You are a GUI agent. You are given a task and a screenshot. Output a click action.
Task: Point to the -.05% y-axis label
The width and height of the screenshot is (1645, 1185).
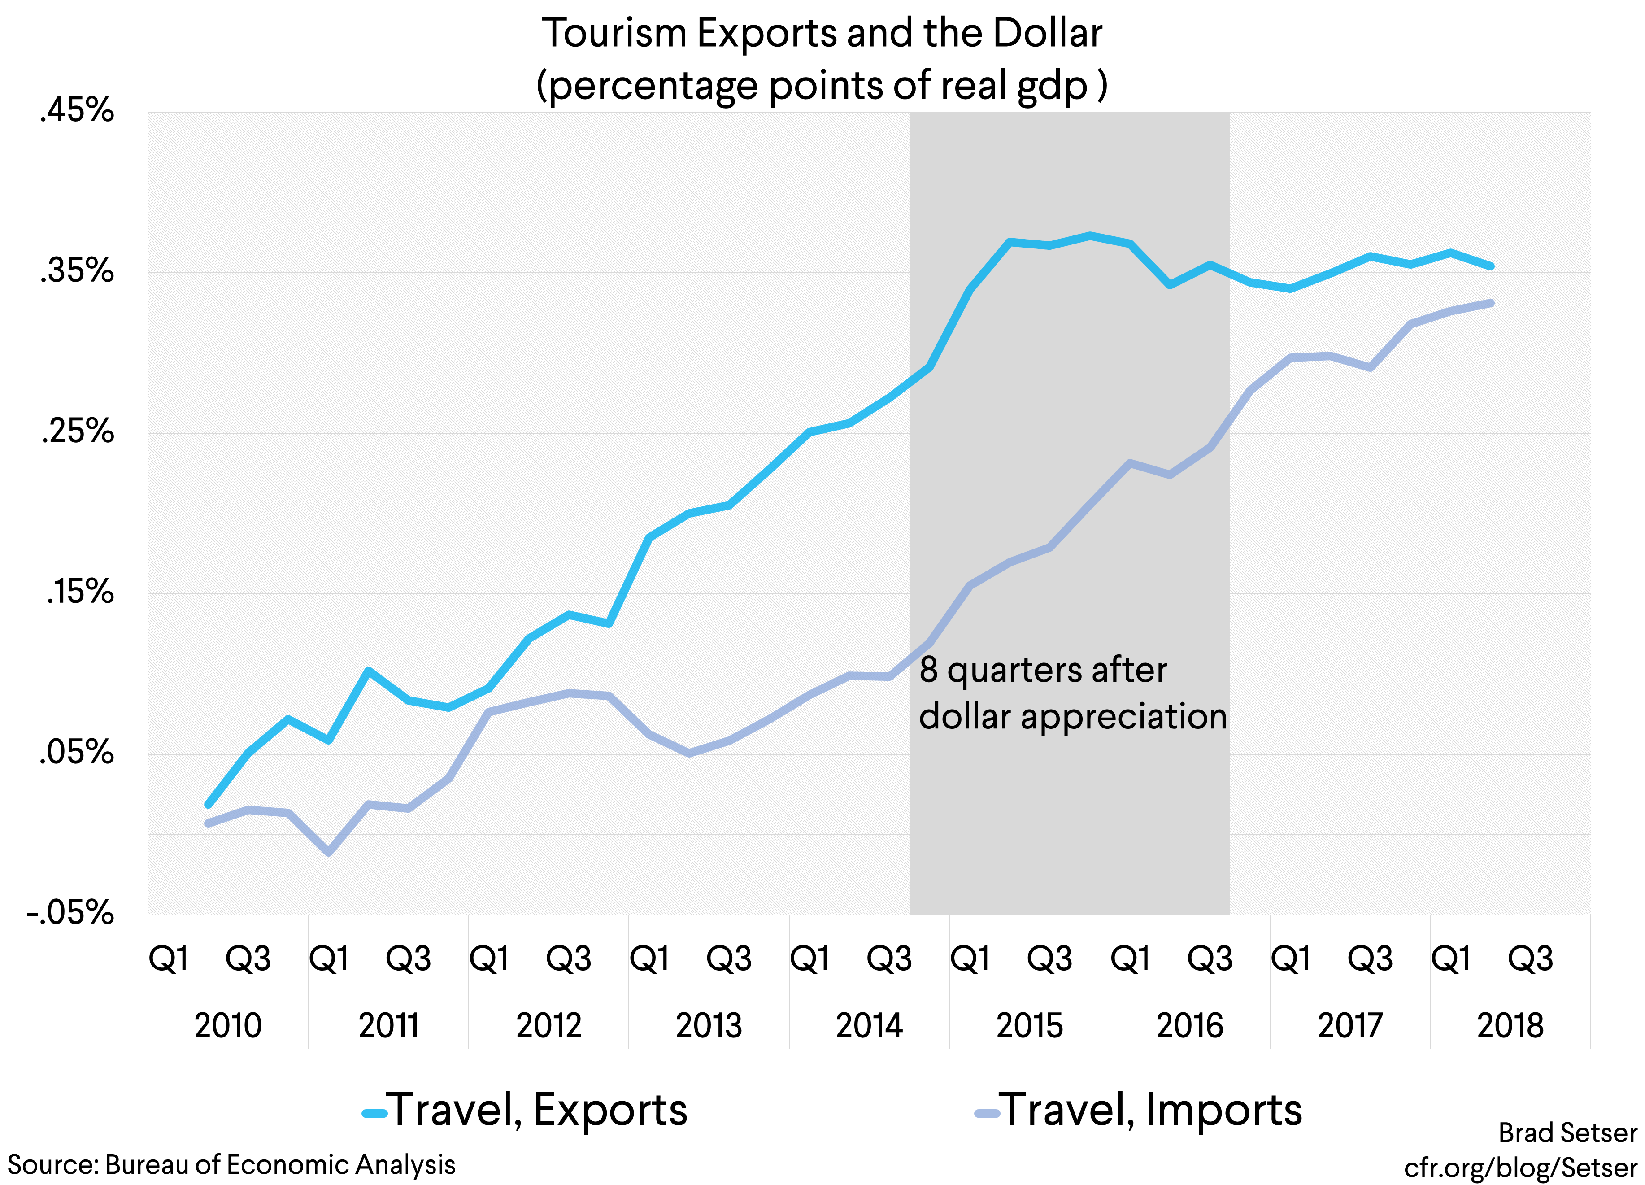click(x=70, y=913)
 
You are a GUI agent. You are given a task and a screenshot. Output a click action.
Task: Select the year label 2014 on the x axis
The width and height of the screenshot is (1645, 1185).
click(x=869, y=1025)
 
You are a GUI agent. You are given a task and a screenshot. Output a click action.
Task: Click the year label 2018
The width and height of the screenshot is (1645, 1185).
click(x=1510, y=1025)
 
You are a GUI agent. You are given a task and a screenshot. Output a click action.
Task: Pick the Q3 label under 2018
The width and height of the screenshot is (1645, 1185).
click(x=1530, y=959)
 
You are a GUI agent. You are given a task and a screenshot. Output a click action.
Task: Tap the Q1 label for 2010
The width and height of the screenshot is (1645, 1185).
click(x=168, y=959)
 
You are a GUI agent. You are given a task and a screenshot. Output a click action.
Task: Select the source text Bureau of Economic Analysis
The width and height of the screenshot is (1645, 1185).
click(x=280, y=1165)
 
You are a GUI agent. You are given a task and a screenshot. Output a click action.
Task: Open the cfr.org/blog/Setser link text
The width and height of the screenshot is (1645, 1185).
click(x=1520, y=1168)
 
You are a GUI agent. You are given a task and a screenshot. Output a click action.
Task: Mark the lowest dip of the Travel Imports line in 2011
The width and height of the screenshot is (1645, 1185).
click(x=329, y=852)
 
